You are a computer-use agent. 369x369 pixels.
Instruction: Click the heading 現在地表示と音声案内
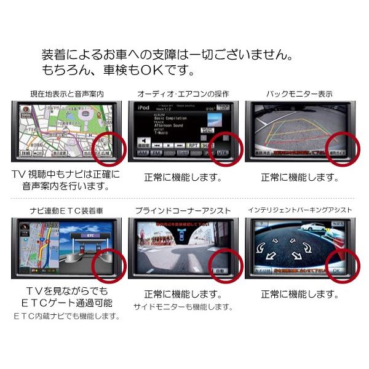point(66,94)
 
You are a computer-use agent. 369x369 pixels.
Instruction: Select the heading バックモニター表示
point(300,94)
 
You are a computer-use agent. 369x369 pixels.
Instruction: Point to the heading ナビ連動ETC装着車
point(66,211)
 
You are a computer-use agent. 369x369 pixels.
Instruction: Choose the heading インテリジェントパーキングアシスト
point(300,211)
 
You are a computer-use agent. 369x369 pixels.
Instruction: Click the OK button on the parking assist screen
point(336,270)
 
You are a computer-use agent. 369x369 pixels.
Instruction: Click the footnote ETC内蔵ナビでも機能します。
point(66,317)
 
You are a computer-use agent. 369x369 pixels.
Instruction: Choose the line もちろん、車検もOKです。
point(117,69)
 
